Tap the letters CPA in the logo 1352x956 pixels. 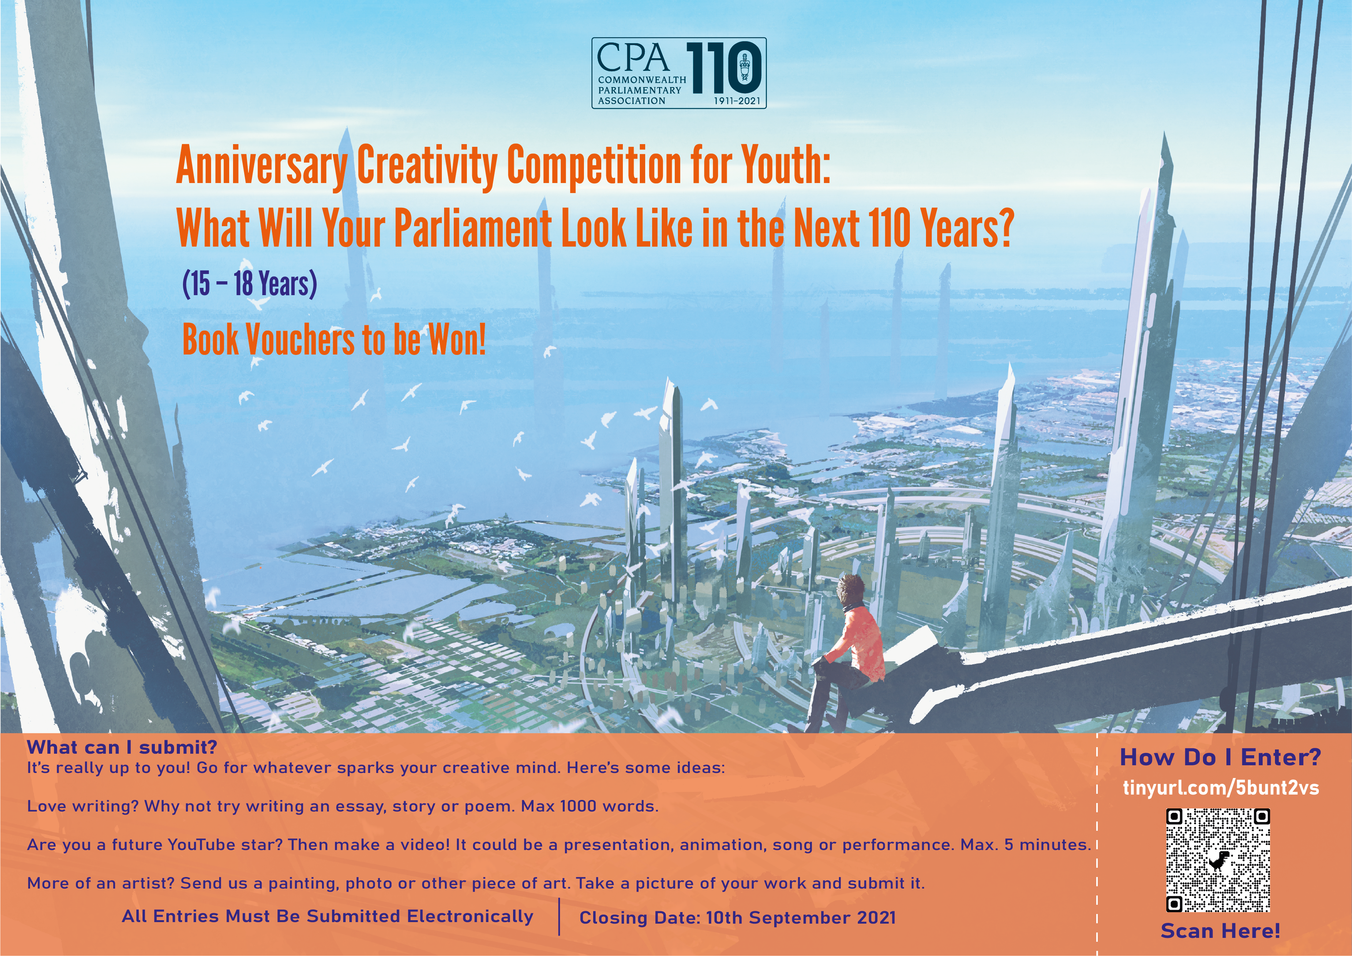tap(634, 58)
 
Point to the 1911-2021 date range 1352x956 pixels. tap(737, 101)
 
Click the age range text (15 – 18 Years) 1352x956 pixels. tap(250, 284)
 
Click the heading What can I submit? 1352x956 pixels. tap(122, 748)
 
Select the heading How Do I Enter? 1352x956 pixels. tap(1220, 757)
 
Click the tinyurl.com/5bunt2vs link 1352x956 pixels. tap(1221, 788)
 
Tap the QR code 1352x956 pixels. tap(1218, 860)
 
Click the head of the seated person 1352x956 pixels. tap(852, 589)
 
